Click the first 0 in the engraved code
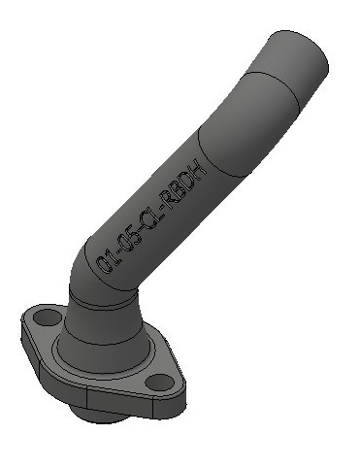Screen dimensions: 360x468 [104, 264]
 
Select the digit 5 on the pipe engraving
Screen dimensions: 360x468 [136, 236]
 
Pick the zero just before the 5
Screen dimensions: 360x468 [126, 244]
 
